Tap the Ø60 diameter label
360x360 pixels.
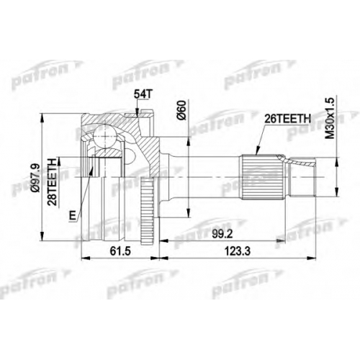(x=181, y=110)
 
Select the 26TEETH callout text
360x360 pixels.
(x=287, y=119)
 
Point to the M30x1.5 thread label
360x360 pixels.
(x=330, y=118)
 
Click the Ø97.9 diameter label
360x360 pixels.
(x=35, y=178)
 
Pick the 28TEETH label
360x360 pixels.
(x=52, y=181)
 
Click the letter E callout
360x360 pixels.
(x=73, y=215)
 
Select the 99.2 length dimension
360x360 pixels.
(x=222, y=234)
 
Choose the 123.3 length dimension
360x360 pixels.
(x=238, y=251)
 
